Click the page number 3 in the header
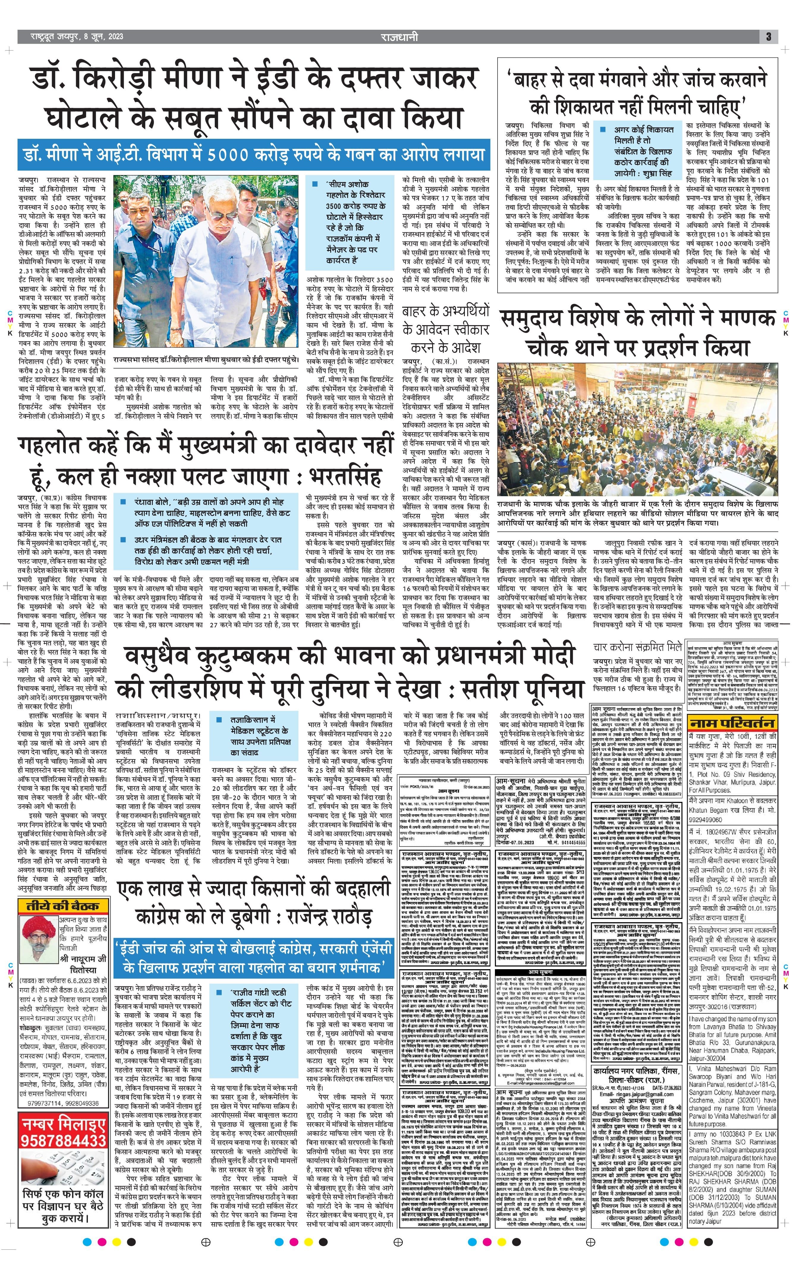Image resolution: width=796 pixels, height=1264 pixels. coord(768,36)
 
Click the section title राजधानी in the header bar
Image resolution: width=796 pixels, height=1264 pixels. coord(399,36)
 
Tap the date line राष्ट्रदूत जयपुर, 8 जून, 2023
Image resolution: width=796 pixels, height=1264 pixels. coord(71,36)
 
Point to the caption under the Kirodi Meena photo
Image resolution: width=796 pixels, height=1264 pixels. coord(206,360)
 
